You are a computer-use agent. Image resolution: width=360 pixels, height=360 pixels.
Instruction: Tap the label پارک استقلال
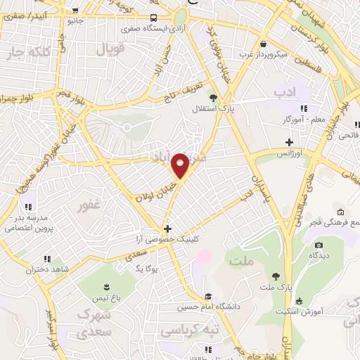(209, 110)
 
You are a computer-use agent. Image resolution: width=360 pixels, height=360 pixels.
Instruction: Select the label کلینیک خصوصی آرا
(168, 240)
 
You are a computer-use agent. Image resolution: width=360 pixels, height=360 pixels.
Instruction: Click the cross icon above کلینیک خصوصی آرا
(167, 229)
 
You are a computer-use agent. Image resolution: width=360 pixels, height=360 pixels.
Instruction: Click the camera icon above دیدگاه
(319, 245)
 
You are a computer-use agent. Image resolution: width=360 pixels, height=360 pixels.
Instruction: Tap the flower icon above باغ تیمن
(106, 286)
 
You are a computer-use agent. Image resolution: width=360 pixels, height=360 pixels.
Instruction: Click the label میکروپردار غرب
(262, 54)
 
